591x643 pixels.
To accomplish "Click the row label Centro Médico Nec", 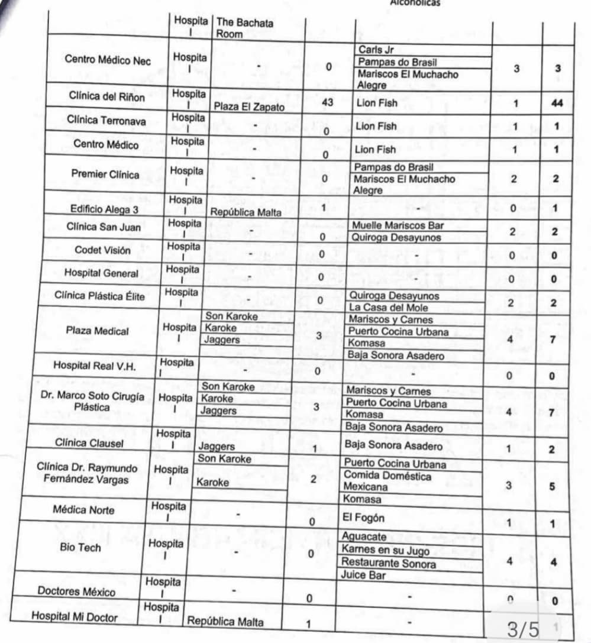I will pyautogui.click(x=108, y=60).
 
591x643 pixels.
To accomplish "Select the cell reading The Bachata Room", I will pyautogui.click(x=245, y=28).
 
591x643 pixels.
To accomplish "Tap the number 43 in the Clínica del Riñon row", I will pyautogui.click(x=324, y=102).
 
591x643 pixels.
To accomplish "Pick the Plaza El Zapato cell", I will pyautogui.click(x=251, y=108).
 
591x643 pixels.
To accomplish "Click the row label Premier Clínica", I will pyautogui.click(x=105, y=174).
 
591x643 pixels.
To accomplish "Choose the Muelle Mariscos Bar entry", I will pyautogui.click(x=398, y=225).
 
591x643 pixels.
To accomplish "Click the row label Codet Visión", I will pyautogui.click(x=102, y=250).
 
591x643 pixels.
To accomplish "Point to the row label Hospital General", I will pyautogui.click(x=101, y=273).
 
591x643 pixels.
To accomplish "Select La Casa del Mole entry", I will pyautogui.click(x=388, y=308).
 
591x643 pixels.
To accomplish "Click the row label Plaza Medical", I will pyautogui.click(x=97, y=331).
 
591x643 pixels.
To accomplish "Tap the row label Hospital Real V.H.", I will pyautogui.click(x=95, y=366).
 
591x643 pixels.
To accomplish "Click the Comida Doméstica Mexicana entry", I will pyautogui.click(x=387, y=482).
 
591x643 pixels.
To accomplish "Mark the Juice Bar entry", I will pyautogui.click(x=363, y=574).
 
